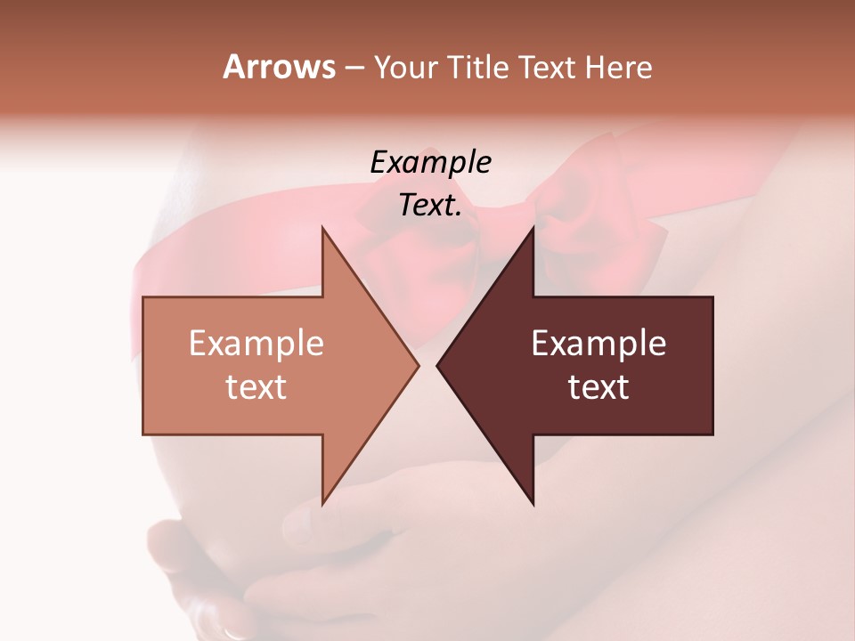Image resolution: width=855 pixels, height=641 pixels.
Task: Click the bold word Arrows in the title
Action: (279, 67)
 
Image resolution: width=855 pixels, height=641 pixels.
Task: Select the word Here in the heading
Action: (618, 67)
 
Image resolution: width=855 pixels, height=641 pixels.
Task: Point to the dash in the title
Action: (354, 69)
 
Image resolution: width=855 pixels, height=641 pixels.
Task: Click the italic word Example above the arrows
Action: (430, 162)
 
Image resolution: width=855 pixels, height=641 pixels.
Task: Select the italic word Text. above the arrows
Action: (430, 205)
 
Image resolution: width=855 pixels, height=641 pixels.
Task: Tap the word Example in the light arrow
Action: (256, 343)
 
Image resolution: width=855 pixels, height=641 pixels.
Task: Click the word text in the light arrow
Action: (256, 387)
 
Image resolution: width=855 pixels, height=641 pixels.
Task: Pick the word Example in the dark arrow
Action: (598, 343)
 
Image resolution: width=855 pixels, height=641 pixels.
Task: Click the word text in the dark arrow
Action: (598, 387)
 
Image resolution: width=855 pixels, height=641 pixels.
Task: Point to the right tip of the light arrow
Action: (418, 365)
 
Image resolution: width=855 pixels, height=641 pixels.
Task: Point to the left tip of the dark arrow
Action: (437, 365)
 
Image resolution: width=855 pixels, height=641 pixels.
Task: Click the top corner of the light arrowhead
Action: (322, 229)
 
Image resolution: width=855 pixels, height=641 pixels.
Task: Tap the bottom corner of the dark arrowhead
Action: (533, 503)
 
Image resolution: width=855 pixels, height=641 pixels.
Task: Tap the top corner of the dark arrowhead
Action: (533, 229)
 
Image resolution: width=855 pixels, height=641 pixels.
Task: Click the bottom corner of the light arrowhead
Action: (322, 503)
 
